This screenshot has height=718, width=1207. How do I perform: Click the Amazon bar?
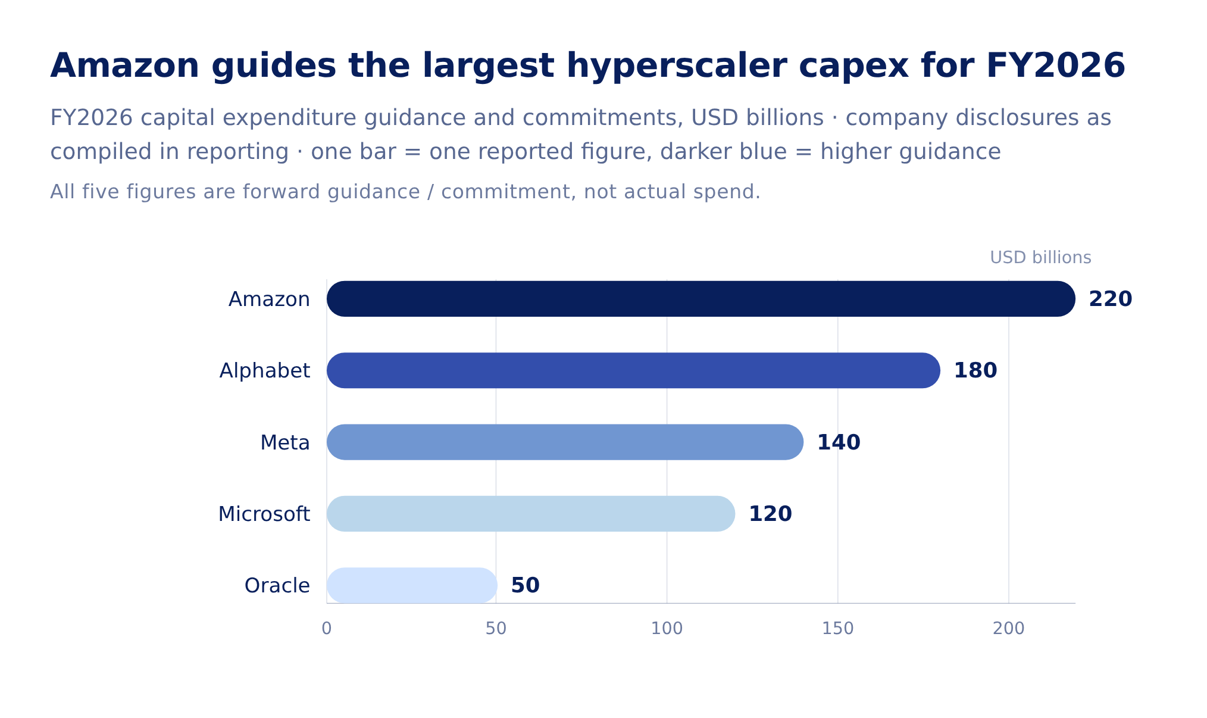[x=701, y=299]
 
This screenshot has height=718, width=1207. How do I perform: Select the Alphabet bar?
[x=633, y=370]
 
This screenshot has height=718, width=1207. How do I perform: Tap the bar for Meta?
[x=565, y=442]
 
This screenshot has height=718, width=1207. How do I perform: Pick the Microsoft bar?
[x=531, y=514]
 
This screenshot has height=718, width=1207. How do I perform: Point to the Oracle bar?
[x=412, y=585]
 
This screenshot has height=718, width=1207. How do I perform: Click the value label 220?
[x=1110, y=299]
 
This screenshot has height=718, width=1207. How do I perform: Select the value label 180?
[x=975, y=370]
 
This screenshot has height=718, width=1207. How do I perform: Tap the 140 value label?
[x=838, y=442]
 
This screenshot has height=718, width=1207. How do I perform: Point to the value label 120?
[x=770, y=514]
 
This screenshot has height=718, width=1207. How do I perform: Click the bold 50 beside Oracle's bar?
[x=525, y=585]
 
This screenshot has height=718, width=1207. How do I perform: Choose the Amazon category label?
[x=269, y=299]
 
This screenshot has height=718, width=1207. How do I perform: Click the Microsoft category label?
[x=264, y=514]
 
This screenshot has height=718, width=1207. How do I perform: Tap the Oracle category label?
[x=277, y=585]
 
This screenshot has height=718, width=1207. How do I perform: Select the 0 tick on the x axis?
[x=326, y=629]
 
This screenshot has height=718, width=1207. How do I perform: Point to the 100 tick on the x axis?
[x=667, y=629]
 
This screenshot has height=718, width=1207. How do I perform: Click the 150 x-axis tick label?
[x=837, y=629]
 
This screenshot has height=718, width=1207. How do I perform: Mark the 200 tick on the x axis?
[x=1008, y=629]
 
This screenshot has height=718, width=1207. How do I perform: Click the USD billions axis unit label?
[x=1040, y=258]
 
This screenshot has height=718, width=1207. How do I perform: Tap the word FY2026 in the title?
[x=1055, y=65]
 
